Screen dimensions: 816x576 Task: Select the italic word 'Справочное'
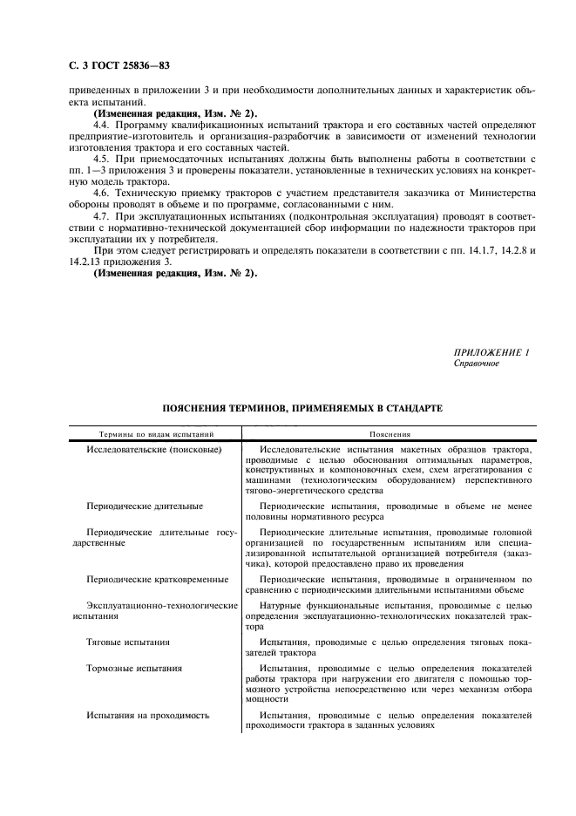pyautogui.click(x=477, y=363)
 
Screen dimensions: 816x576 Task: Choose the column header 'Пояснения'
pyautogui.click(x=390, y=434)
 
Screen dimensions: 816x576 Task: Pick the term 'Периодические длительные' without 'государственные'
pyautogui.click(x=145, y=506)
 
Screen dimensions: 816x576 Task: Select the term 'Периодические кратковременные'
pyautogui.click(x=158, y=579)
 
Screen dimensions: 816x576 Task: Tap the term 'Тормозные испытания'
pyautogui.click(x=134, y=669)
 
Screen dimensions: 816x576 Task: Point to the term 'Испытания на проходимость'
pyautogui.click(x=148, y=716)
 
